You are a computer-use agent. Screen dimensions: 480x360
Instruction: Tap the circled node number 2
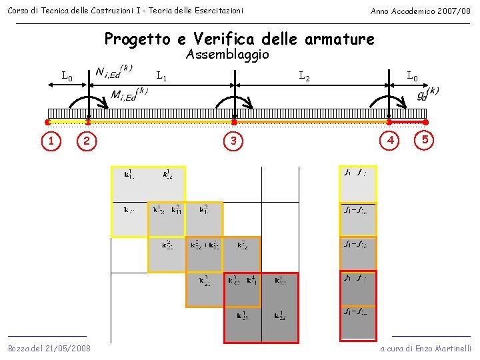87,140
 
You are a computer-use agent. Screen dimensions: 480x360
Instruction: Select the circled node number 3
233,141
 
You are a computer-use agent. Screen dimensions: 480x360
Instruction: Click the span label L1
161,76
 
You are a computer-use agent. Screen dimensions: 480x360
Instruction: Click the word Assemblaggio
227,55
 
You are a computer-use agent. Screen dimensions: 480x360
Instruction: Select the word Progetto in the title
137,39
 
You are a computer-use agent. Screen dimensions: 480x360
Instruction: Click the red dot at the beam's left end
47,123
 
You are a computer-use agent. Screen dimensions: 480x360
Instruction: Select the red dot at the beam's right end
425,123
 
